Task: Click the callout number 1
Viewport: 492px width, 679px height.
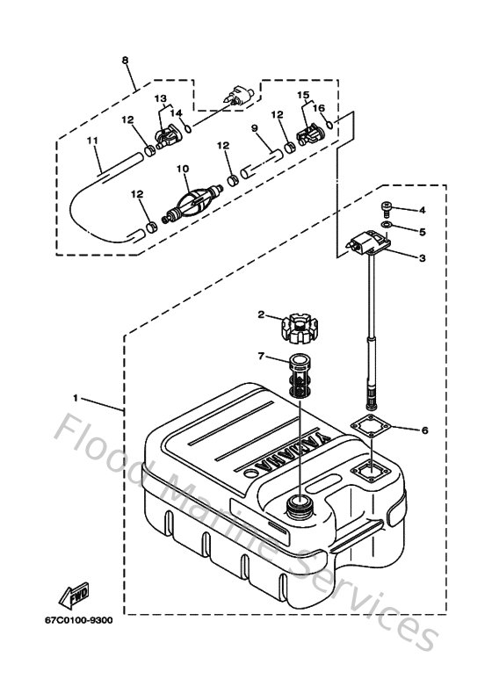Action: pyautogui.click(x=77, y=398)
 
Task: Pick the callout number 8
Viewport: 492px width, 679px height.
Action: pyautogui.click(x=125, y=60)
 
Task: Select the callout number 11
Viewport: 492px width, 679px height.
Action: pyautogui.click(x=91, y=140)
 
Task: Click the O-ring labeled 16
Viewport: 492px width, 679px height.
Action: pyautogui.click(x=328, y=126)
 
